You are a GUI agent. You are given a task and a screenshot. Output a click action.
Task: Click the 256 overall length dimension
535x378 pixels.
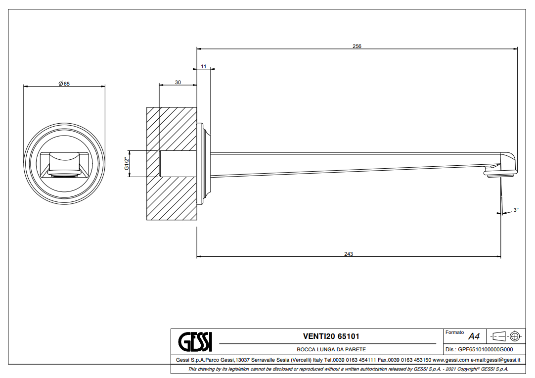click(357, 46)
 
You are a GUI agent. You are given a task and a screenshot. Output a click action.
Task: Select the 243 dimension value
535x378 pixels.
click(348, 254)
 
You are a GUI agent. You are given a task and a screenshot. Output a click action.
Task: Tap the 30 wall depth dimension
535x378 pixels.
click(178, 82)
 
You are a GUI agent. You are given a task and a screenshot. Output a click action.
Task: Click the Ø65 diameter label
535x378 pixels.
click(64, 84)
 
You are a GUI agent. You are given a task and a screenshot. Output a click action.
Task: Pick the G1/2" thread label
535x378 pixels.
click(127, 164)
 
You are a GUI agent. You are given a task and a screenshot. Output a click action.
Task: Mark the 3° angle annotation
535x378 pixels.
click(516, 210)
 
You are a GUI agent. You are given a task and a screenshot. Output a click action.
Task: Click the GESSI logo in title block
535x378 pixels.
click(195, 341)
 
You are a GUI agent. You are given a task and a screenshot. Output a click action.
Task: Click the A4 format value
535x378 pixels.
click(474, 336)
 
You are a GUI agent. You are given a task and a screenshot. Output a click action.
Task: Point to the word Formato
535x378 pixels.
click(454, 332)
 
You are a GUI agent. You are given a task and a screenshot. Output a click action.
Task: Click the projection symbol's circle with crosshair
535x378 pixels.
click(515, 336)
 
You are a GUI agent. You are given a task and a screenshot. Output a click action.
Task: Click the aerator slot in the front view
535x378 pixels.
click(64, 175)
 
